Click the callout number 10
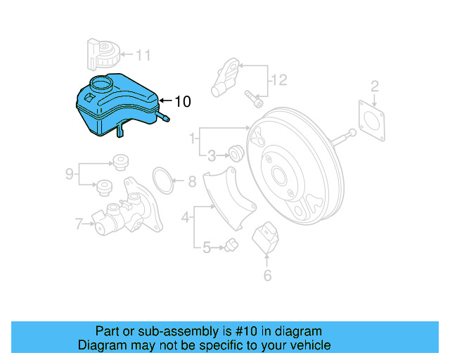[x=181, y=102]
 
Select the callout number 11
[x=143, y=54]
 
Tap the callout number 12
[x=279, y=80]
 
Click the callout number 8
[x=192, y=182]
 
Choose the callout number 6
[x=267, y=276]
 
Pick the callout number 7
[x=79, y=224]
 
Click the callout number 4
[x=186, y=218]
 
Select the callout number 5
[x=207, y=247]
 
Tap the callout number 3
[x=211, y=155]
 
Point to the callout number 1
[x=192, y=141]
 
